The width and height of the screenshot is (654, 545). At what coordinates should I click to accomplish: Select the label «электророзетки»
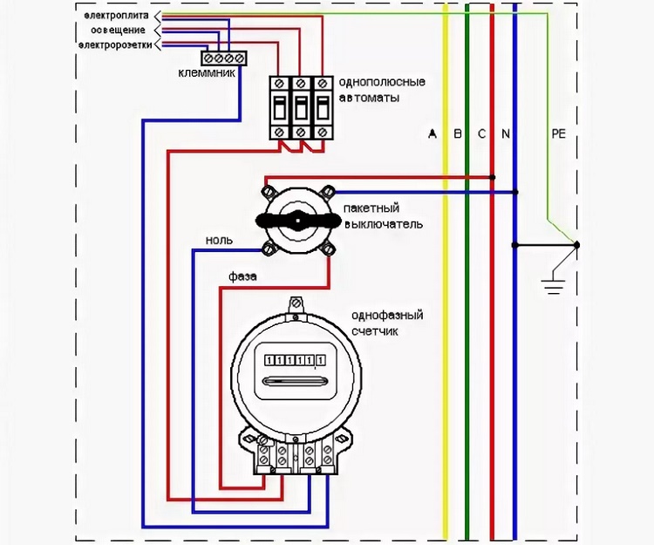(116, 44)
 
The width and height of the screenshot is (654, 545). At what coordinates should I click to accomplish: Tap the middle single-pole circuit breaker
(301, 107)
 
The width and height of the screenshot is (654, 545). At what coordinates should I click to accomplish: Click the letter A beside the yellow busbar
(433, 133)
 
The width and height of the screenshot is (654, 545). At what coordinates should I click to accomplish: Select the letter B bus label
(458, 133)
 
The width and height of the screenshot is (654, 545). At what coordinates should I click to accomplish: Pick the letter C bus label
(481, 133)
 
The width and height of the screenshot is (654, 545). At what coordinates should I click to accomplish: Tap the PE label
(558, 133)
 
